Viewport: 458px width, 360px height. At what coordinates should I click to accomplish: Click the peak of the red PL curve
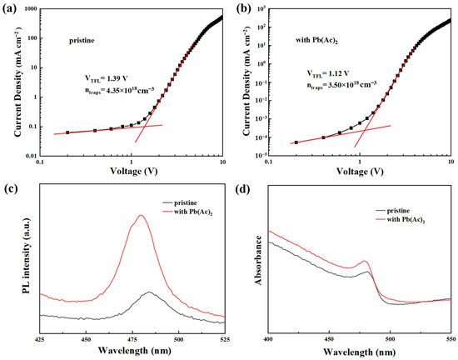tap(141, 216)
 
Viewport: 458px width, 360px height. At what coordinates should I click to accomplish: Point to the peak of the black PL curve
tap(149, 292)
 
